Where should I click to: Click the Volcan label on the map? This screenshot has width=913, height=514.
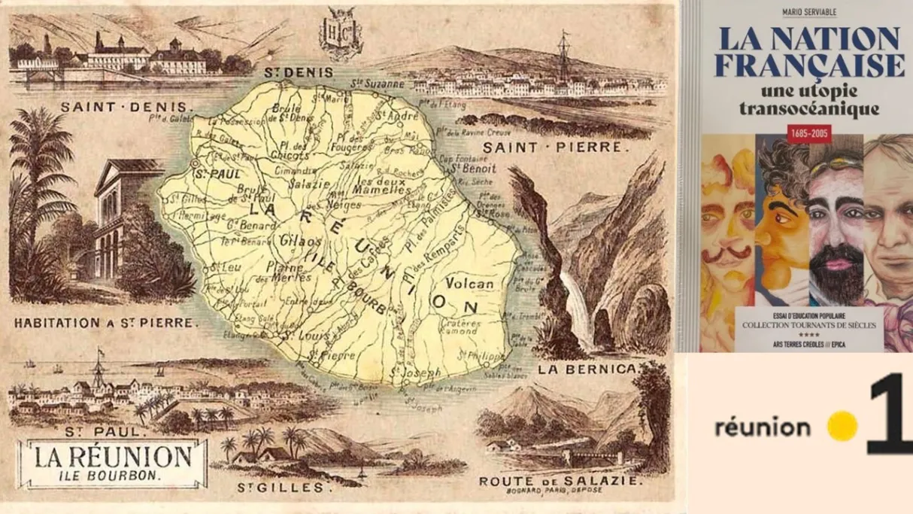click(470, 284)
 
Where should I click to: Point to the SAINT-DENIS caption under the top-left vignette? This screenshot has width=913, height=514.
click(126, 107)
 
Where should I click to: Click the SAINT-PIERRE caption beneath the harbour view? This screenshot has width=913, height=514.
click(553, 148)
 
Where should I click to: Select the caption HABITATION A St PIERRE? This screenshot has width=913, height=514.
click(105, 324)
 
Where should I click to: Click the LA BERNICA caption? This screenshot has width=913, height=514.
click(587, 369)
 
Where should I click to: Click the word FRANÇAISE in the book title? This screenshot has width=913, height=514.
click(809, 65)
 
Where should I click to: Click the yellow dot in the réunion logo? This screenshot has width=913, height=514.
click(842, 427)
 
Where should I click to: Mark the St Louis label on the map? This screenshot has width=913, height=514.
click(296, 336)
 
